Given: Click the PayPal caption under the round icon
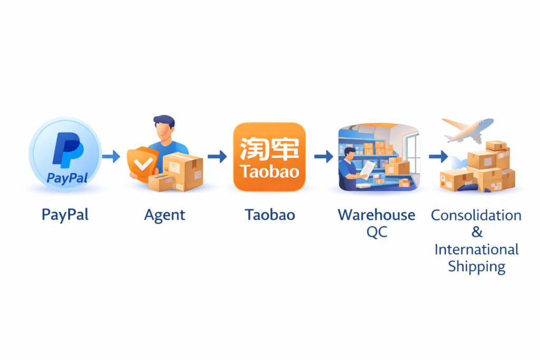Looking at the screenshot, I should pos(65,215).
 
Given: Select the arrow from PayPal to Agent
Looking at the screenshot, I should pos(111,156).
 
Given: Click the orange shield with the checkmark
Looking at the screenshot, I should pos(141,164).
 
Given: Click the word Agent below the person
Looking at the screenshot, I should pos(165,215).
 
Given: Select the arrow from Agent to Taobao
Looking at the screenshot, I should pos(217,156).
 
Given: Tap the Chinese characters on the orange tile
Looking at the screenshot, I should pos(269,148).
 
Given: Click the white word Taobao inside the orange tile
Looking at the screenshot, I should pos(269,172).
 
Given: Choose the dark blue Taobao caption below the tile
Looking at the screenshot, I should pos(269,215).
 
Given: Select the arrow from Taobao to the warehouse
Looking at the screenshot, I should pos(323,156).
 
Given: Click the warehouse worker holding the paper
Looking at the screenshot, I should pos(351,163).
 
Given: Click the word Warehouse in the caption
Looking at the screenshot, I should pos(377,215).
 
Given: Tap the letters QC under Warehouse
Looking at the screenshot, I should pos(377,232).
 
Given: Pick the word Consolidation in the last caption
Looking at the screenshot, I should pos(476,215).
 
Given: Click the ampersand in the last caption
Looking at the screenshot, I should pos(476,232).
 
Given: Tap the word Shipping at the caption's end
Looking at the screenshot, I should pos(476,266).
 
